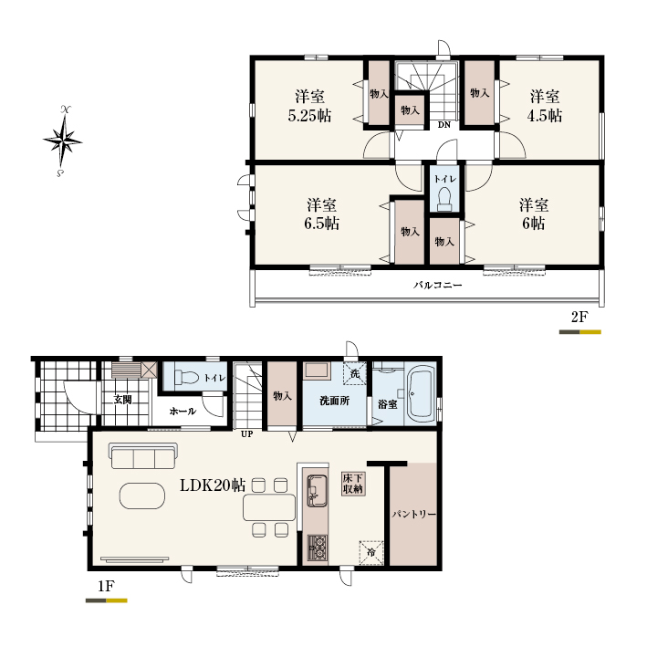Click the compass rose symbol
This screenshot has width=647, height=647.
[62, 141]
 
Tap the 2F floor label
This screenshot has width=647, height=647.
[579, 317]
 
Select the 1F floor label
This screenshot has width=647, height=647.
[106, 586]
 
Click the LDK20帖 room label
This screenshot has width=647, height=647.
[213, 485]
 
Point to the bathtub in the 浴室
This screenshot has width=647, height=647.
[420, 393]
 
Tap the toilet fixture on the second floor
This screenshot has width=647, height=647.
[444, 199]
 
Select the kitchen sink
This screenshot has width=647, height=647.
[317, 490]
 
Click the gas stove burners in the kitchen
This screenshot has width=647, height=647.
[318, 548]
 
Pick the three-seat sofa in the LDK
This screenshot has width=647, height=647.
[143, 456]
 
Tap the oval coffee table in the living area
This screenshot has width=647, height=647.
[142, 496]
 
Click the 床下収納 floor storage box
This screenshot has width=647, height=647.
[353, 484]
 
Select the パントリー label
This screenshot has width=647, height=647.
[414, 514]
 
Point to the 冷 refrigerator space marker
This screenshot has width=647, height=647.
[371, 552]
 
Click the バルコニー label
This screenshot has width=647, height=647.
[438, 285]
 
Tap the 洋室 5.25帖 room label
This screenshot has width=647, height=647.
[309, 106]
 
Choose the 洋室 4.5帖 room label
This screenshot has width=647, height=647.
[545, 106]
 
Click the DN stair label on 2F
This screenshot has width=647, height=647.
[444, 125]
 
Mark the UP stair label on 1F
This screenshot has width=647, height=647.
[246, 434]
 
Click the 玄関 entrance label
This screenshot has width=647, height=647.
[123, 400]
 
